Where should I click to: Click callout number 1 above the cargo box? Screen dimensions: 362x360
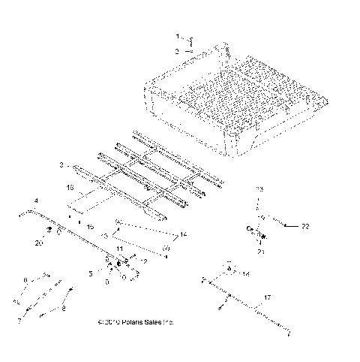click(178, 36)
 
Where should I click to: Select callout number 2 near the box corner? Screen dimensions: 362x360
click(178, 51)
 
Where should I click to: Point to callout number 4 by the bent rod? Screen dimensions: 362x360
click(35, 201)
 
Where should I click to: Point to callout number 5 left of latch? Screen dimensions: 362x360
click(91, 274)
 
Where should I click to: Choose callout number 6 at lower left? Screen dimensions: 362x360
click(25, 279)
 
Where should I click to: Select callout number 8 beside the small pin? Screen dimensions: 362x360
click(63, 309)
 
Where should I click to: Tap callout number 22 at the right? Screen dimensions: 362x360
click(304, 225)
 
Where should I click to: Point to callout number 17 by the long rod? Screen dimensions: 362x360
click(264, 298)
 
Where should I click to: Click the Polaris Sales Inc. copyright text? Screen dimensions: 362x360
click(136, 322)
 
